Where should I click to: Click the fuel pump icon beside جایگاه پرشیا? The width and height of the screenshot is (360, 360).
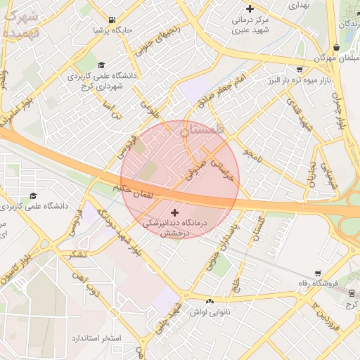coord(113,20)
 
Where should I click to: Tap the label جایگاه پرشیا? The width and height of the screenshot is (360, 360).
coord(113,31)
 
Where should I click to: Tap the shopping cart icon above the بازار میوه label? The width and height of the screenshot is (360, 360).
coord(300,70)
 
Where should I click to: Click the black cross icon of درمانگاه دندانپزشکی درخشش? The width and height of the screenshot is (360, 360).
coord(174,211)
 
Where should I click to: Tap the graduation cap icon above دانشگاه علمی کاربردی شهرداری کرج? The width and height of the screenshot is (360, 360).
coord(103,65)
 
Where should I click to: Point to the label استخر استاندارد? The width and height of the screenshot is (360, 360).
coord(96,338)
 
